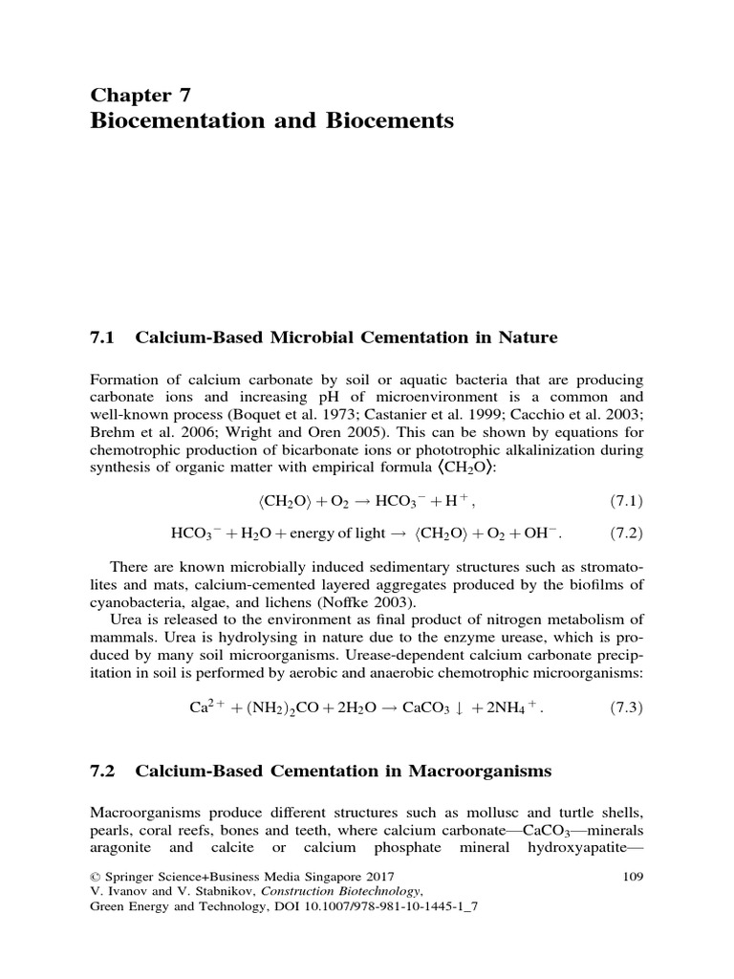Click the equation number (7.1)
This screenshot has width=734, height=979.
click(x=626, y=500)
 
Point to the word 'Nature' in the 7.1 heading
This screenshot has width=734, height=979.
click(x=527, y=337)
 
